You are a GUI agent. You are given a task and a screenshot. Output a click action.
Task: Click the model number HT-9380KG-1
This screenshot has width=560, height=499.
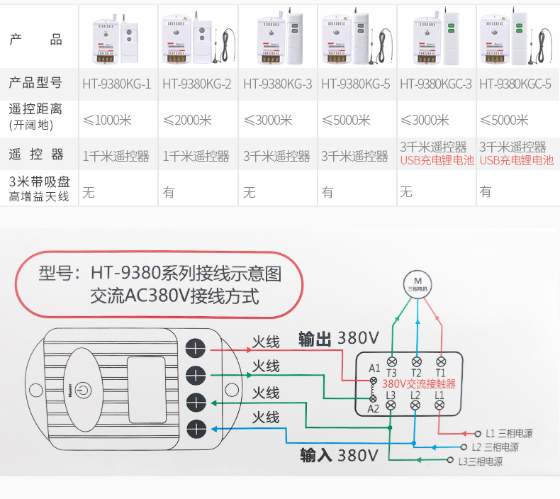116,84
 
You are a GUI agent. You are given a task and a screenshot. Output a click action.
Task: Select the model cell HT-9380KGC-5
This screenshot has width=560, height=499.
515,84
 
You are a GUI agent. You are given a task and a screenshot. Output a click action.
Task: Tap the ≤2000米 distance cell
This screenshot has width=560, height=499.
187,120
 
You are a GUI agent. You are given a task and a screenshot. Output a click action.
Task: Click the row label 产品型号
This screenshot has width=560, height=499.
35,83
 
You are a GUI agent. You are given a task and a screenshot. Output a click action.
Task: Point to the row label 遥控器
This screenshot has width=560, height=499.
36,155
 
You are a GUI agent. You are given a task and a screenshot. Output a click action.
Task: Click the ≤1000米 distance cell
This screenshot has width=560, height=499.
107,120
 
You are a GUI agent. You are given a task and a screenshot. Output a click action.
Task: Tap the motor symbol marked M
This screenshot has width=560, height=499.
417,281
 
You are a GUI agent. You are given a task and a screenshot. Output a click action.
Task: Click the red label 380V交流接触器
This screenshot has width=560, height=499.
418,383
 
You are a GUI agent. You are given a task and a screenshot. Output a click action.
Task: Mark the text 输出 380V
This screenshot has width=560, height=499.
339,338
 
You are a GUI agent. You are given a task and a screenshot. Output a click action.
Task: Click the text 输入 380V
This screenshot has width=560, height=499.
339,454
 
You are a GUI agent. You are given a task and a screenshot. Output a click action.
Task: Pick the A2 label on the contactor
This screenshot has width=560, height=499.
374,408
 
